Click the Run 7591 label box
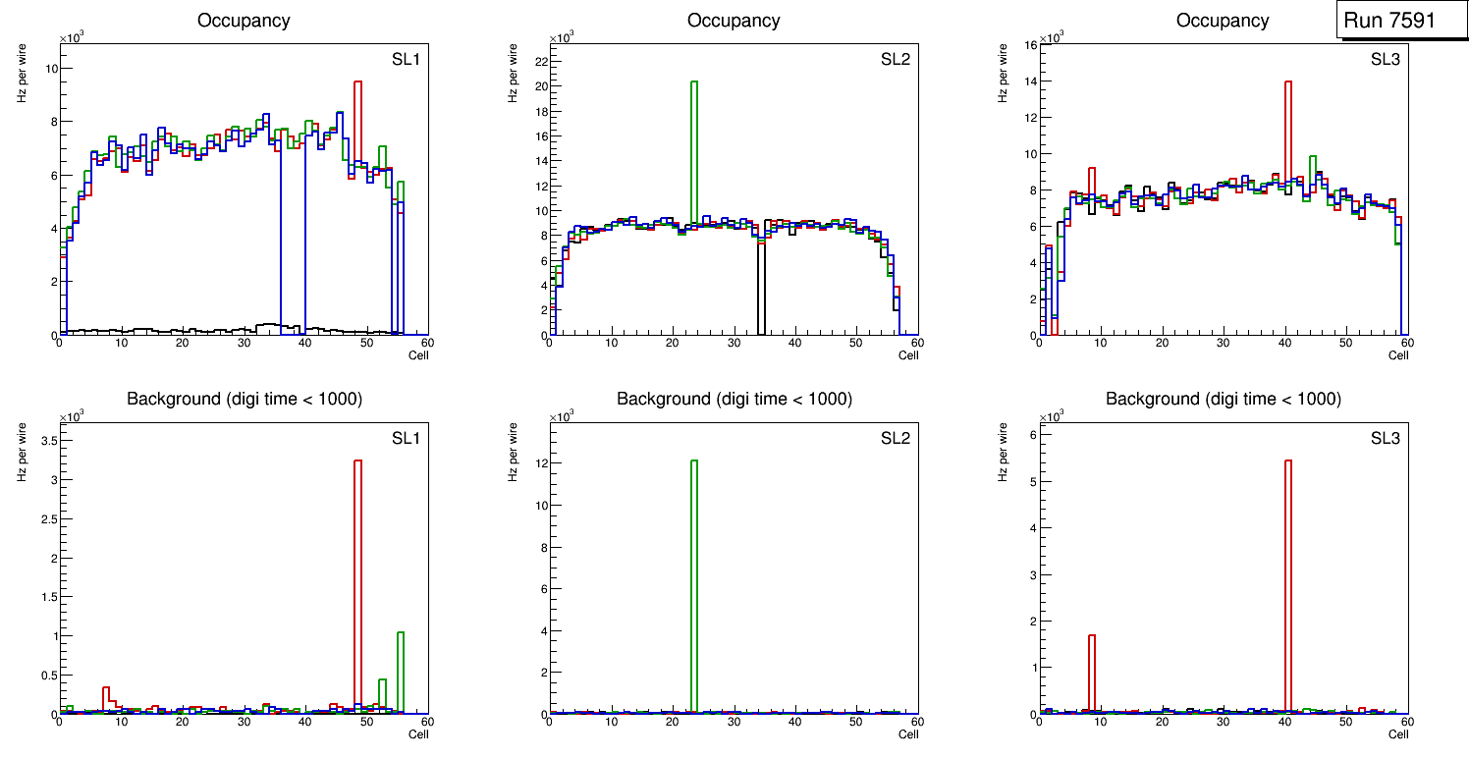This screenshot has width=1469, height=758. click(x=1402, y=21)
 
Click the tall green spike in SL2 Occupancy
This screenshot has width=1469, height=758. click(x=694, y=147)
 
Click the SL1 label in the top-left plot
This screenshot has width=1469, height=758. click(x=406, y=59)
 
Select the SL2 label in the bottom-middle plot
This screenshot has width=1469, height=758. click(x=896, y=437)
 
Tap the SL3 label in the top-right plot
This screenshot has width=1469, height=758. click(x=1386, y=59)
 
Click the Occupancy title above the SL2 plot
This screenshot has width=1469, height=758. click(x=734, y=21)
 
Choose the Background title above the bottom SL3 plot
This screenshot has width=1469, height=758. click(x=1223, y=399)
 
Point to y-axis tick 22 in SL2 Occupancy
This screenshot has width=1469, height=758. click(x=540, y=61)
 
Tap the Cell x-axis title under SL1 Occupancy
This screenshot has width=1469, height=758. click(x=418, y=355)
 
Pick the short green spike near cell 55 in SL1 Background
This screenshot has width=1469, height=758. click(x=401, y=673)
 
